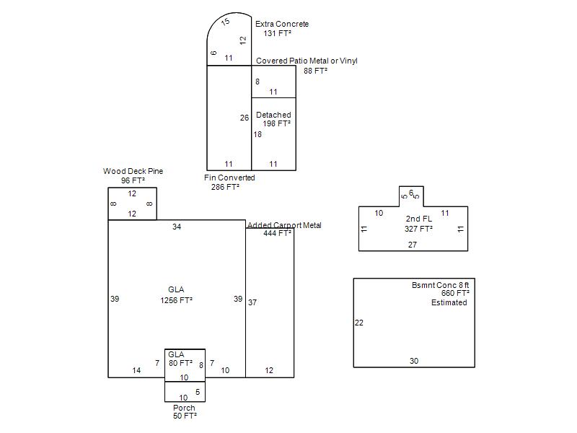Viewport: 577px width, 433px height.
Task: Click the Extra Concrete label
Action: [x=282, y=24]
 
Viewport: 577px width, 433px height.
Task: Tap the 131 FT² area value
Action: [x=278, y=33]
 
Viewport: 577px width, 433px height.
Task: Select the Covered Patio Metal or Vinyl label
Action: [x=307, y=61]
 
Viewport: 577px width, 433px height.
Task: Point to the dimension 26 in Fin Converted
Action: [x=245, y=118]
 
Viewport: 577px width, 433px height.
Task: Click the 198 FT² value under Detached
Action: [x=276, y=123]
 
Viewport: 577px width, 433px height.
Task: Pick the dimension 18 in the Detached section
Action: [x=257, y=134]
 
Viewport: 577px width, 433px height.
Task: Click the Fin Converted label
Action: [x=229, y=178]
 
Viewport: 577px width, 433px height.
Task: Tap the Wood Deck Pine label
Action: [x=133, y=171]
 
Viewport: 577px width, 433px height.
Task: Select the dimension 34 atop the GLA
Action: [x=177, y=227]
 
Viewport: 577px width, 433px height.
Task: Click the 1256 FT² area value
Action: [x=176, y=300]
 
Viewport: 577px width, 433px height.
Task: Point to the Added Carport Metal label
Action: [x=284, y=225]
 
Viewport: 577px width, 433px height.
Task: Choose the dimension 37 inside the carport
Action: [x=252, y=302]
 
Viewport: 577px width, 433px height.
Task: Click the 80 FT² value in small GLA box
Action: [x=180, y=363]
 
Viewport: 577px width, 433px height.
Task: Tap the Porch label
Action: [x=184, y=408]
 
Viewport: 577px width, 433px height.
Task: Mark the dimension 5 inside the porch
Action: [x=198, y=392]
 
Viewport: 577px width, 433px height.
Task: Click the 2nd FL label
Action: [x=419, y=219]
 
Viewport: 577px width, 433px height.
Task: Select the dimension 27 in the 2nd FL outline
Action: [x=413, y=245]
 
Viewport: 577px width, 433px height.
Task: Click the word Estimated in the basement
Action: [x=449, y=302]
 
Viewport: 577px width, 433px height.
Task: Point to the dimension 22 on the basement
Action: [x=358, y=323]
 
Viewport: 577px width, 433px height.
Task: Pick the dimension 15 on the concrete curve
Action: [x=225, y=22]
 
